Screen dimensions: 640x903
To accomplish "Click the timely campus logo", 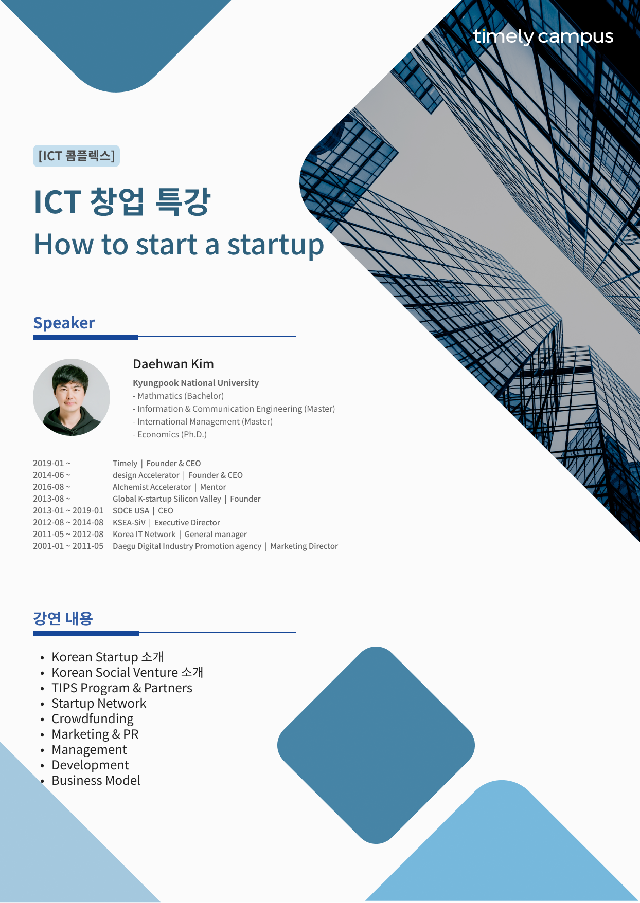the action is point(543,36).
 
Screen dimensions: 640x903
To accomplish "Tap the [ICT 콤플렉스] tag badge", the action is point(76,156).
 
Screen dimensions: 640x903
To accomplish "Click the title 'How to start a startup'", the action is point(179,245).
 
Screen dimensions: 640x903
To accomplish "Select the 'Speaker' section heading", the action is point(64,323).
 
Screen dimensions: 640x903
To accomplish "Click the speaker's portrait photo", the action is point(72,397).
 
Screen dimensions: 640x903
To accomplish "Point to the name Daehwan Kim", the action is point(173,364).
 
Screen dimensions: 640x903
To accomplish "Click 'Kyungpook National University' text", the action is point(195,383).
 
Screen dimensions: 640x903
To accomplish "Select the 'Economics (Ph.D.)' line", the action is point(170,434).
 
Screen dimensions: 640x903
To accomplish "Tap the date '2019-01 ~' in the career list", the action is point(51,463).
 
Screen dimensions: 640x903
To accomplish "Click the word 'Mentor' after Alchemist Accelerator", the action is point(213,487).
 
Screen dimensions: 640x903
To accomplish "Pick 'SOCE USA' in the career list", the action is point(131,510).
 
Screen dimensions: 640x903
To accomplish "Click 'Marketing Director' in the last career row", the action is point(304,546).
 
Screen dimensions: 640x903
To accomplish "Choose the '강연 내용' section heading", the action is point(63,618).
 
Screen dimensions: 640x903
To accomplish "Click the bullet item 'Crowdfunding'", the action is point(93,718).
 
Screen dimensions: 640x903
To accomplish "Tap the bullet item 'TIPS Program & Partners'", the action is point(122,688).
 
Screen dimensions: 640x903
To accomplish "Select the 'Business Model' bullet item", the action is point(96,780).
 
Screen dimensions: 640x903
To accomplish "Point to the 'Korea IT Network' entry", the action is point(144,534).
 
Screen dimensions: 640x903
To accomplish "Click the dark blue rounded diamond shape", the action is point(376,745).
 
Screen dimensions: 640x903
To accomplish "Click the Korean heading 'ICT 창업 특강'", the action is point(122,201).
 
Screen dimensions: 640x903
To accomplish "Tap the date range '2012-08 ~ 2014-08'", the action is point(68,522).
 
